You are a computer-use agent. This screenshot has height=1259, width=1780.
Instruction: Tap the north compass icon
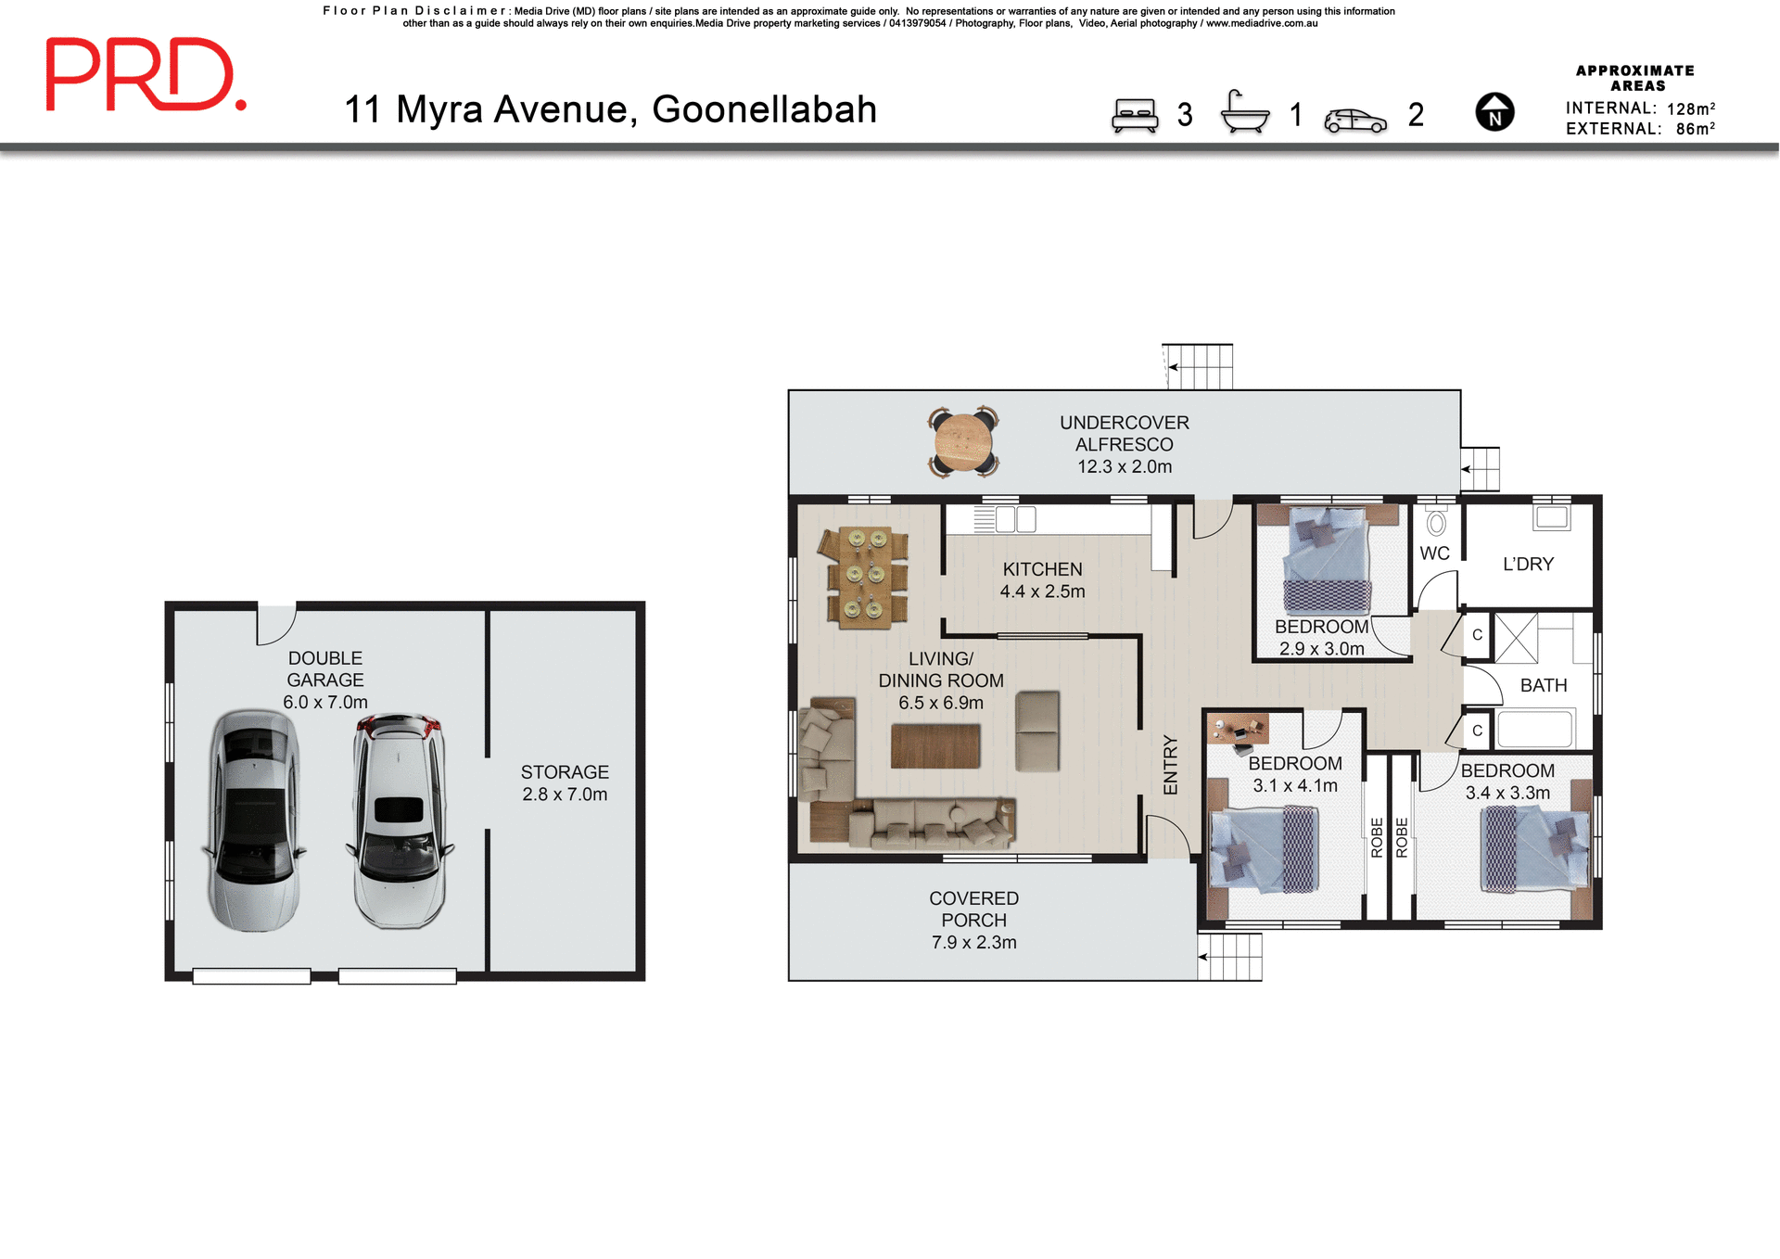1494,112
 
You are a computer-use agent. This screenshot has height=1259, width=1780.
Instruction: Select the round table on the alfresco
963,442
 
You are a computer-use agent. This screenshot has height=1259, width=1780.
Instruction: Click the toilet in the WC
1436,524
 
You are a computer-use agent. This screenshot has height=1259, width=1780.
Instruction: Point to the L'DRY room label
1528,564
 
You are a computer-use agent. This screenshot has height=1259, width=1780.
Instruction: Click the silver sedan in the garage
253,820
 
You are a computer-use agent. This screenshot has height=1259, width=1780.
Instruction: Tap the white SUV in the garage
400,820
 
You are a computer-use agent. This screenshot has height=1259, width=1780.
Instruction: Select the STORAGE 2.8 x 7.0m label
564,782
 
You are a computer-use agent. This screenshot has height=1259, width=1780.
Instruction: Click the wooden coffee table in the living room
934,746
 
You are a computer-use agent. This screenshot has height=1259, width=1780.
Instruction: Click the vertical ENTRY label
1170,765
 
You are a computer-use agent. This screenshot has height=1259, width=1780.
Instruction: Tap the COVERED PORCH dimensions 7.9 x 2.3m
973,942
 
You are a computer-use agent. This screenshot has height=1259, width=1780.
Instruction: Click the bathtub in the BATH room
1534,729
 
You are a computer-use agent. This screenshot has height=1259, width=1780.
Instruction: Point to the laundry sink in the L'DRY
1551,517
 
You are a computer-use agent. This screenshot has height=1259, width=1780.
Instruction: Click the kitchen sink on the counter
1015,519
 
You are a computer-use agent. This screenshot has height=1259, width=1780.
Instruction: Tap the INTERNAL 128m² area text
1639,108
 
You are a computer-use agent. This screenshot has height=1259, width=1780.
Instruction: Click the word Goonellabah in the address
764,109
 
